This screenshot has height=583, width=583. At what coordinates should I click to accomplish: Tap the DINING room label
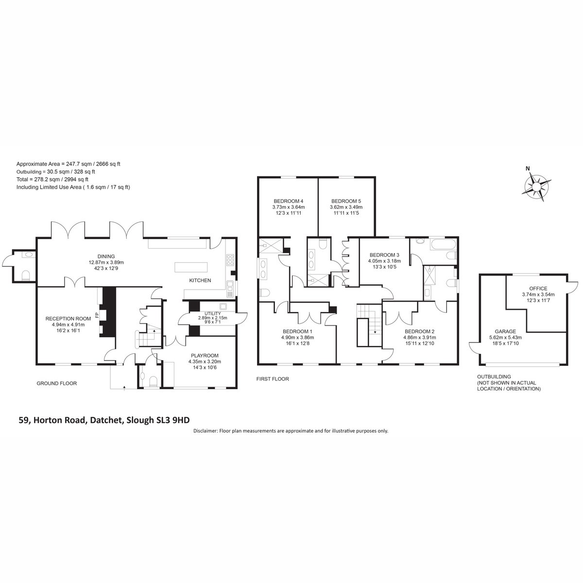tap(106, 257)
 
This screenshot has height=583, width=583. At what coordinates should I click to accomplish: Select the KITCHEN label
tap(200, 280)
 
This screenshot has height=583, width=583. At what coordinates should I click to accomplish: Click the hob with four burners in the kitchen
tap(230, 259)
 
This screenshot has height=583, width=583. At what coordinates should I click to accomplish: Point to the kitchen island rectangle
tap(191, 268)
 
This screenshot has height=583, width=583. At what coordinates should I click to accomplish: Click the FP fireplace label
tap(97, 315)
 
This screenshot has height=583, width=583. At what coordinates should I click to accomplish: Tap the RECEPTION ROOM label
tap(68, 319)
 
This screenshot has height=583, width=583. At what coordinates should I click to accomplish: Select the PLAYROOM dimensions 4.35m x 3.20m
tap(205, 361)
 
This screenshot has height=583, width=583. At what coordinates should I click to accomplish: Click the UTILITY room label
tap(212, 313)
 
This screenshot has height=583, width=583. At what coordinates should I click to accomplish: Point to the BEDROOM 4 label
tap(288, 201)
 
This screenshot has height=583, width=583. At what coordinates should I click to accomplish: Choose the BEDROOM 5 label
tap(346, 201)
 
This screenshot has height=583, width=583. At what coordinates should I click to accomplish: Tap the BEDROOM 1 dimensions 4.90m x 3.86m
tap(297, 337)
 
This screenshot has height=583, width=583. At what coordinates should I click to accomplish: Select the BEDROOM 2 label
tap(420, 332)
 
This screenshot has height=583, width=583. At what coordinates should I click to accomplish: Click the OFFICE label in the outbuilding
tap(538, 288)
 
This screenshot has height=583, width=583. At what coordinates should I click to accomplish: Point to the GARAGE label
tap(505, 332)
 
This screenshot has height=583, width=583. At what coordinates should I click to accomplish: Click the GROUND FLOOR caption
tap(56, 383)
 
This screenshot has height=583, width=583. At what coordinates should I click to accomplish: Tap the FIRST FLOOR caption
tap(273, 379)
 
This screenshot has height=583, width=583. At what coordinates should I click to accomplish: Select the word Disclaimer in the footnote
tap(206, 431)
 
